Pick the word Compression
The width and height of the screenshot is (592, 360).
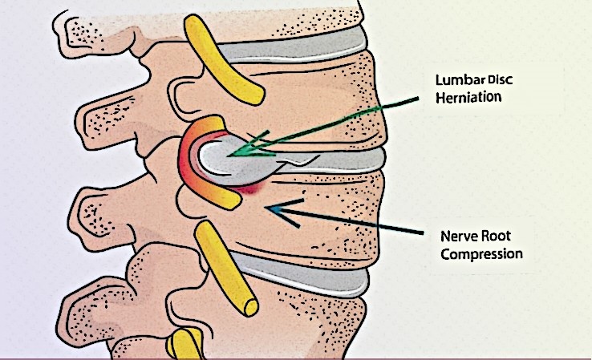(x=481, y=254)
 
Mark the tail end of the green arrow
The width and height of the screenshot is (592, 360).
(x=419, y=99)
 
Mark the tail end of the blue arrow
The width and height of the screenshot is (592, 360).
(x=423, y=233)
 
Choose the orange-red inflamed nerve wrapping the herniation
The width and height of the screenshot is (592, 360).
(x=189, y=157)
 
